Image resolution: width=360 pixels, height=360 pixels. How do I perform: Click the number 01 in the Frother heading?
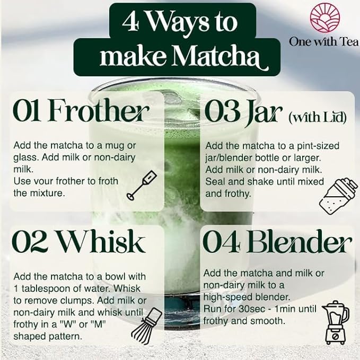tap(28, 112)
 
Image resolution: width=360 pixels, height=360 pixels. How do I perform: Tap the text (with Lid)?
tap(318, 117)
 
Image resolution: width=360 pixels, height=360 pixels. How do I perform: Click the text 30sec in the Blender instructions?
tap(253, 310)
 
